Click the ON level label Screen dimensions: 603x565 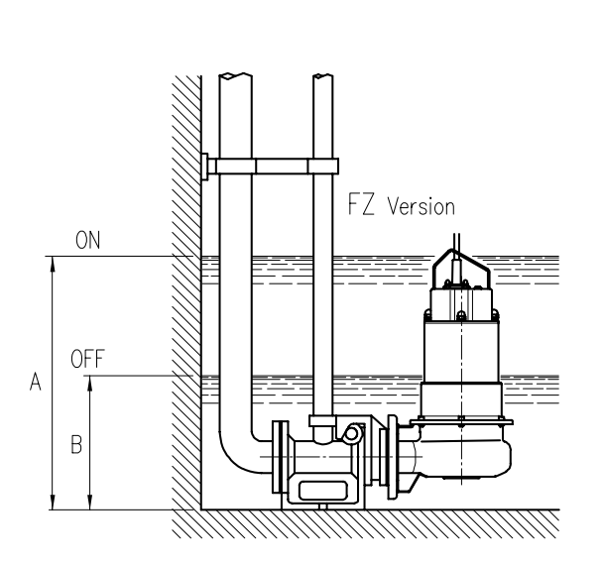point(87,240)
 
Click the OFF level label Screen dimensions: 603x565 point(87,359)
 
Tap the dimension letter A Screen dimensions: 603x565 point(36,382)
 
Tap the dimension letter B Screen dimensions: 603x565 point(76,444)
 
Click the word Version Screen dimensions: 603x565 point(422,206)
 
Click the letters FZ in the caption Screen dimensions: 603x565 point(361,204)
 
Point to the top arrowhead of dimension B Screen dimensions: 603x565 point(90,384)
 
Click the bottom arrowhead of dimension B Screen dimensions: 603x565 point(90,503)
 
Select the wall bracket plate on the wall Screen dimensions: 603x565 point(204,167)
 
